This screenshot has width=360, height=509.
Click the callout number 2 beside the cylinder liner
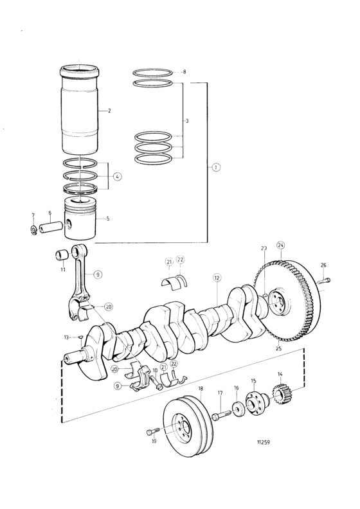coord(109,111)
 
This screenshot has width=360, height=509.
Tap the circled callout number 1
coord(216,167)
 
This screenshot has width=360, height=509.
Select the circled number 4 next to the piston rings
coord(118,177)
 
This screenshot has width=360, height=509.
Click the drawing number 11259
coord(264,442)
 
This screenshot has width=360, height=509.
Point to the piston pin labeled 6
coord(51,226)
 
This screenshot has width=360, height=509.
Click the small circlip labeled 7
coord(33,230)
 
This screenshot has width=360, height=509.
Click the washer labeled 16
coord(238,410)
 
